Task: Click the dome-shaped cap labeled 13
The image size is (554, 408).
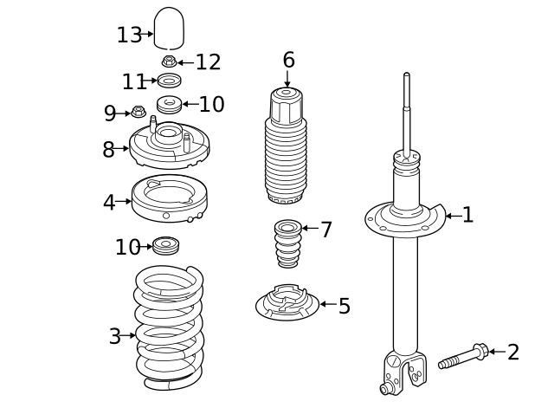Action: tap(169, 29)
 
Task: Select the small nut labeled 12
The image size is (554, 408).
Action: tap(170, 62)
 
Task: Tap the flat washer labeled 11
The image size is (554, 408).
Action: tap(170, 81)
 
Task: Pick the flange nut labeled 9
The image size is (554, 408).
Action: tap(138, 112)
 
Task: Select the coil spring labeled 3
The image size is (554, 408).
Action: tap(170, 328)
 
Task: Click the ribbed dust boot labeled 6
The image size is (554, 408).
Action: tap(286, 146)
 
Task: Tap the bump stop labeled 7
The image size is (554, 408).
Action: tap(288, 243)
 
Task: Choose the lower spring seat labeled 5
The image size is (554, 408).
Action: tap(287, 302)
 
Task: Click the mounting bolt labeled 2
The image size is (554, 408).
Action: tap(463, 356)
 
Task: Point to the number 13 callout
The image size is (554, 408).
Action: tap(129, 35)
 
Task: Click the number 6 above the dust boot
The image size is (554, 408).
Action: tap(288, 60)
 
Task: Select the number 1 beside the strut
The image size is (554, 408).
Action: tap(467, 215)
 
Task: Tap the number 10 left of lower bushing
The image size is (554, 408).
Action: tap(128, 247)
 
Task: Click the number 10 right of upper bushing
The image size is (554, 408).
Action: tap(211, 104)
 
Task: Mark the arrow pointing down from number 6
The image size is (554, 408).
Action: tap(287, 79)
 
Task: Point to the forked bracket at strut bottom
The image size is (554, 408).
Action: tap(403, 373)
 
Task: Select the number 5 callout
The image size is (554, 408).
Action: tap(345, 306)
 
